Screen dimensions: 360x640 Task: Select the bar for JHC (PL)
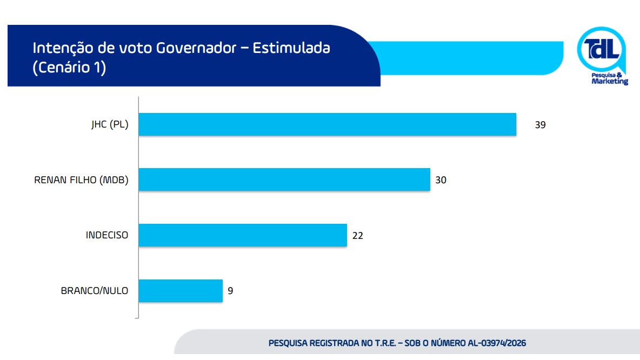pos(328,124)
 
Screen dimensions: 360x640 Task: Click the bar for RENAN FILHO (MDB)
pos(284,179)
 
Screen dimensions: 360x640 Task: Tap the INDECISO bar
pos(243,236)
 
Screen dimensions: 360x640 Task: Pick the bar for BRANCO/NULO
pos(181,291)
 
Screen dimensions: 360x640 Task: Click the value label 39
pos(541,125)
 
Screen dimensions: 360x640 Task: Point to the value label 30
pos(441,180)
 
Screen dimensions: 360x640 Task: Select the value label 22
pos(357,236)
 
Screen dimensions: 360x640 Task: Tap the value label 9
pos(230,291)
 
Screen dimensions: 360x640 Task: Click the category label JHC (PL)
pos(110,125)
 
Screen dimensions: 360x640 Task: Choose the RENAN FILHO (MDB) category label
pos(81,180)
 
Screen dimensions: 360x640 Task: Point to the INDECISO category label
pos(107,236)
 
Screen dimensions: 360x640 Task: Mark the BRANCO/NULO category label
pos(95,291)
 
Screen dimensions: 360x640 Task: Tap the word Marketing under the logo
pos(610,82)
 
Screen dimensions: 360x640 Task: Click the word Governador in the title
pos(196,48)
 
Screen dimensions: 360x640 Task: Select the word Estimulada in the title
pos(291,48)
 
